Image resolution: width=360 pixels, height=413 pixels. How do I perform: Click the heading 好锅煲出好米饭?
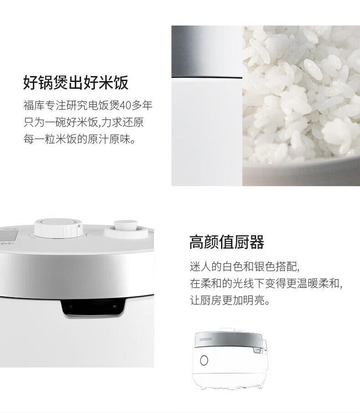[x=76, y=83]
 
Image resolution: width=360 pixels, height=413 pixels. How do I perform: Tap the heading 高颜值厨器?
[x=226, y=243]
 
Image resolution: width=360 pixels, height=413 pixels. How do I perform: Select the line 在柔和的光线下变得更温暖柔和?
[x=266, y=284]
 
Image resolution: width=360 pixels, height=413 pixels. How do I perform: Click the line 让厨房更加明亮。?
[x=230, y=301]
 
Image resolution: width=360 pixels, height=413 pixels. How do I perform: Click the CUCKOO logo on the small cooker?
[x=207, y=339]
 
